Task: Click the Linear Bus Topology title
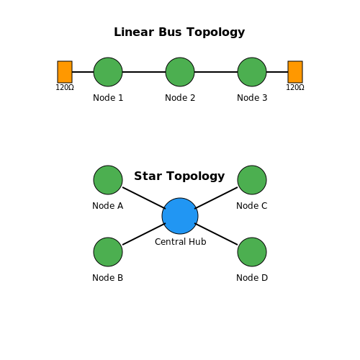click(x=179, y=32)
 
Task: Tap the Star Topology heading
click(x=179, y=176)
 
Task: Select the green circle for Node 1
click(x=108, y=72)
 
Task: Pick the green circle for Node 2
click(x=180, y=72)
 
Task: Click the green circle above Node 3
click(x=252, y=72)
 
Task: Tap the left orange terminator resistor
click(x=65, y=72)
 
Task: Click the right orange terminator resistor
click(x=295, y=72)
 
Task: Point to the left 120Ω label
click(x=65, y=87)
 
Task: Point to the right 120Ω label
click(x=295, y=87)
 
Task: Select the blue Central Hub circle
click(x=180, y=216)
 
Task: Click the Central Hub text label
click(x=181, y=242)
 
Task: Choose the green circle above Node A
click(x=108, y=180)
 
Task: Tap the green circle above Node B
click(x=108, y=252)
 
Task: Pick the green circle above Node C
click(x=252, y=180)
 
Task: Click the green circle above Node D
click(x=252, y=252)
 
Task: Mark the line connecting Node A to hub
click(x=144, y=198)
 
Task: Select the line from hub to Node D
click(x=216, y=234)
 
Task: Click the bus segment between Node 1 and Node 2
click(x=144, y=72)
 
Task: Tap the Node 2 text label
click(x=180, y=98)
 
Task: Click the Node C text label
click(x=252, y=206)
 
